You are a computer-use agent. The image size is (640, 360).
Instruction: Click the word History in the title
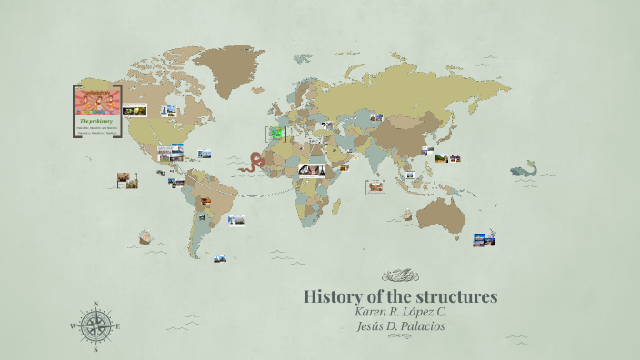pos(330,296)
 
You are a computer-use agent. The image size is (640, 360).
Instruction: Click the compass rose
pos(95,325)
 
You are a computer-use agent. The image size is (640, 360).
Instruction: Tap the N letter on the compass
pos(95,305)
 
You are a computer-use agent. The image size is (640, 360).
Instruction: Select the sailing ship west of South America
pos(144,237)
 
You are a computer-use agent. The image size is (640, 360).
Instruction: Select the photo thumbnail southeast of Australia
pos(484,239)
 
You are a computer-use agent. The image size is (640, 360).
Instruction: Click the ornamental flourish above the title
pos(400,275)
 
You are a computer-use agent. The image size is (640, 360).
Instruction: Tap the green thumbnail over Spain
pos(275,133)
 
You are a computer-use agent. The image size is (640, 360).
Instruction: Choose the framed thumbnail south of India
pos(375,186)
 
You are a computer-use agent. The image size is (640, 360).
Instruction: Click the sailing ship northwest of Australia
pos(407,215)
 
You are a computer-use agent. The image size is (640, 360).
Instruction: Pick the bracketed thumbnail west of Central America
pos(127,180)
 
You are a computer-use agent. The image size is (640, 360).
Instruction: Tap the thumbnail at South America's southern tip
pos(220,258)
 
